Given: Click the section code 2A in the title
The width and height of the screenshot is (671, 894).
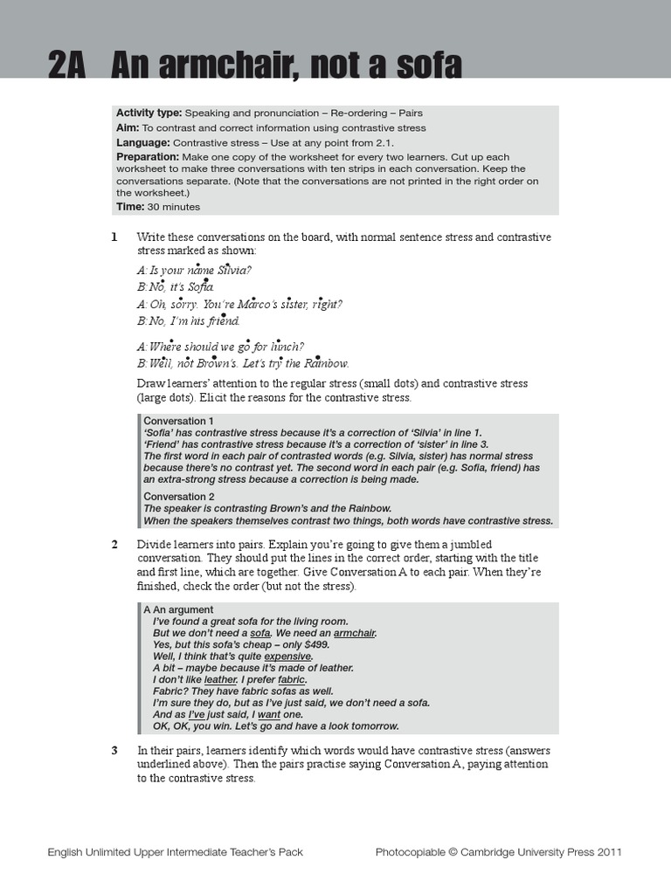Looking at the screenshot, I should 66,66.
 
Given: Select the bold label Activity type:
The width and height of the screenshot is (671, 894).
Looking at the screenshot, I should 149,113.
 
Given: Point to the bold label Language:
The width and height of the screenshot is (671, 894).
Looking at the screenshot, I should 143,142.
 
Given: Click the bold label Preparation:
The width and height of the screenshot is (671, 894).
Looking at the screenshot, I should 148,156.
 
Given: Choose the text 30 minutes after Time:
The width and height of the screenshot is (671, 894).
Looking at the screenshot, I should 174,207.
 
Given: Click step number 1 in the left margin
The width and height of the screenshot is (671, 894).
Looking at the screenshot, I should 114,237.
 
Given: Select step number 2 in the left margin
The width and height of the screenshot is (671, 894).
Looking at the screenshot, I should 114,545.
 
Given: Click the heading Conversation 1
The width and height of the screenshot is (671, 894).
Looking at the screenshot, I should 178,421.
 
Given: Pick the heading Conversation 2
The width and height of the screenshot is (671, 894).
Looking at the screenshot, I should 178,496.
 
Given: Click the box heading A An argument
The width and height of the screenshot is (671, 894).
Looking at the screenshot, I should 178,609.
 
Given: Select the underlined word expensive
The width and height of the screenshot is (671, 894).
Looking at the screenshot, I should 287,656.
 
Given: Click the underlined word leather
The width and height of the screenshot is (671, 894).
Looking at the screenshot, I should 220,679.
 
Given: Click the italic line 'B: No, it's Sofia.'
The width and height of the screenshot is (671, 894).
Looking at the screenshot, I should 175,286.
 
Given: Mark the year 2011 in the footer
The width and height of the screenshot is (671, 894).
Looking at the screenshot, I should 608,852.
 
